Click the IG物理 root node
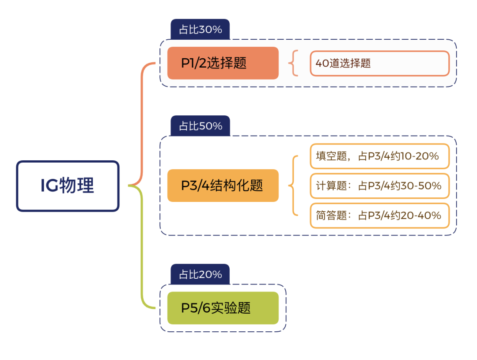[68, 186]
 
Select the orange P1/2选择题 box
[223, 63]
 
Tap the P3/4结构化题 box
[223, 186]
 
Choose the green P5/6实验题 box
[223, 308]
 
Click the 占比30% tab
[200, 30]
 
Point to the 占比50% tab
[200, 126]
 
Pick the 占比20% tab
[200, 275]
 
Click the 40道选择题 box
[379, 63]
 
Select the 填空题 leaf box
[379, 156]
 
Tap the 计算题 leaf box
[379, 186]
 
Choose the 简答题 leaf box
[379, 216]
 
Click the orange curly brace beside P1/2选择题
[293, 63]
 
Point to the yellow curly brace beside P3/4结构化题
[292, 186]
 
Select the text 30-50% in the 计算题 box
[422, 186]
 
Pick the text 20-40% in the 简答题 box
[422, 216]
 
